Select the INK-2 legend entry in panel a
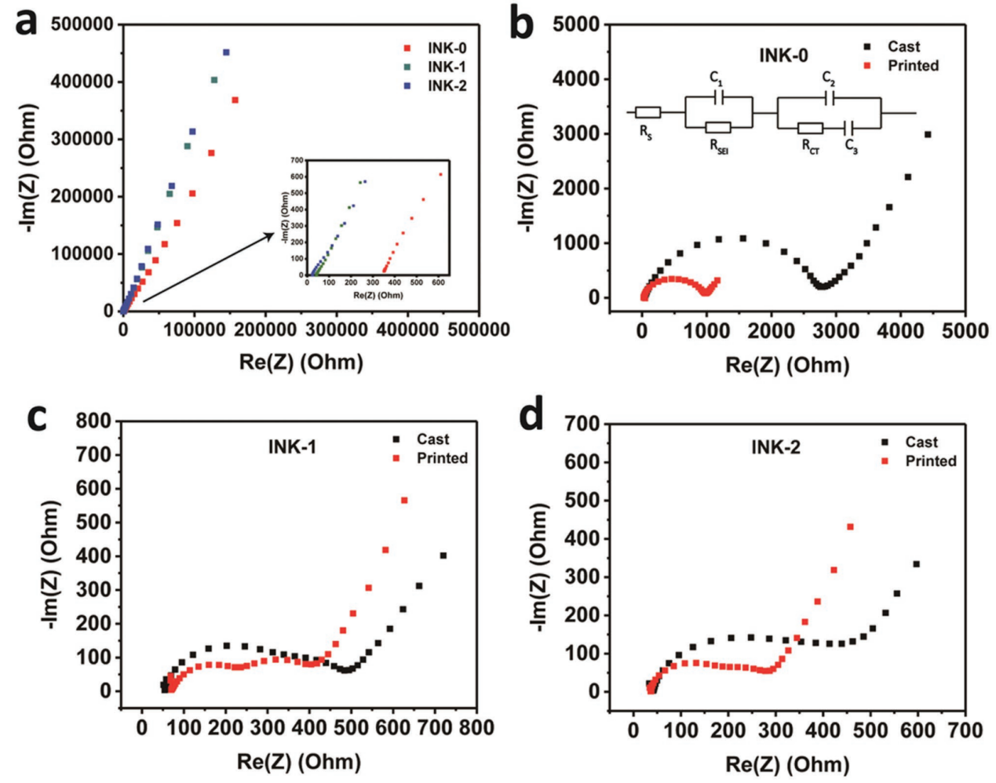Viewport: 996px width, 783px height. pyautogui.click(x=447, y=86)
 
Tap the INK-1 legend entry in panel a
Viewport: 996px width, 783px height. pyautogui.click(x=447, y=67)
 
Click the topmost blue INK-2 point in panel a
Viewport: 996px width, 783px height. pyautogui.click(x=226, y=53)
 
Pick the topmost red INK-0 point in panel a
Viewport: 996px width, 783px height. pyautogui.click(x=235, y=100)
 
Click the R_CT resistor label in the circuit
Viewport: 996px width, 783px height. pyautogui.click(x=812, y=146)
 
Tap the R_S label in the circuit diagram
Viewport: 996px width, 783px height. pyautogui.click(x=645, y=132)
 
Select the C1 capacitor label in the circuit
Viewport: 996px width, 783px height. pyautogui.click(x=716, y=78)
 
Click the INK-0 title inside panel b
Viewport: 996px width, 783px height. pyautogui.click(x=783, y=55)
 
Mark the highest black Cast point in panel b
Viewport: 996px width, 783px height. pyautogui.click(x=928, y=134)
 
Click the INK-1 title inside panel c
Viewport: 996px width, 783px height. pyautogui.click(x=292, y=447)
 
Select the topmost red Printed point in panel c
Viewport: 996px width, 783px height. pyautogui.click(x=405, y=500)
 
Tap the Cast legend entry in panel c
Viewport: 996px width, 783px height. pyautogui.click(x=432, y=439)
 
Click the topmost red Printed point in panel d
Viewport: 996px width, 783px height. pyautogui.click(x=850, y=526)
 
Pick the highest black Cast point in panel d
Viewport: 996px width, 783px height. pyautogui.click(x=916, y=564)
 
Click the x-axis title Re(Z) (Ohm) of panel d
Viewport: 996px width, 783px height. pyautogui.click(x=787, y=764)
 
